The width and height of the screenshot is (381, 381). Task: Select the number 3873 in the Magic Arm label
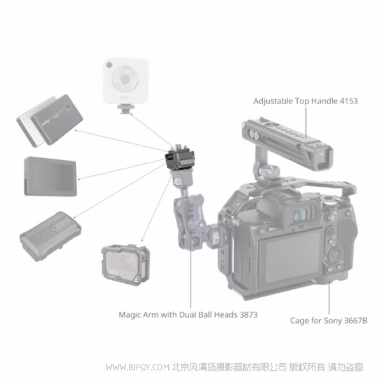(247, 314)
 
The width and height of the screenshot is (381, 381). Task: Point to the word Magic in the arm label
(131, 314)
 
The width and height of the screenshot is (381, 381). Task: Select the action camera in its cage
(125, 266)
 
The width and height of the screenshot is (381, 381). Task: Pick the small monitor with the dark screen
(49, 175)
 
